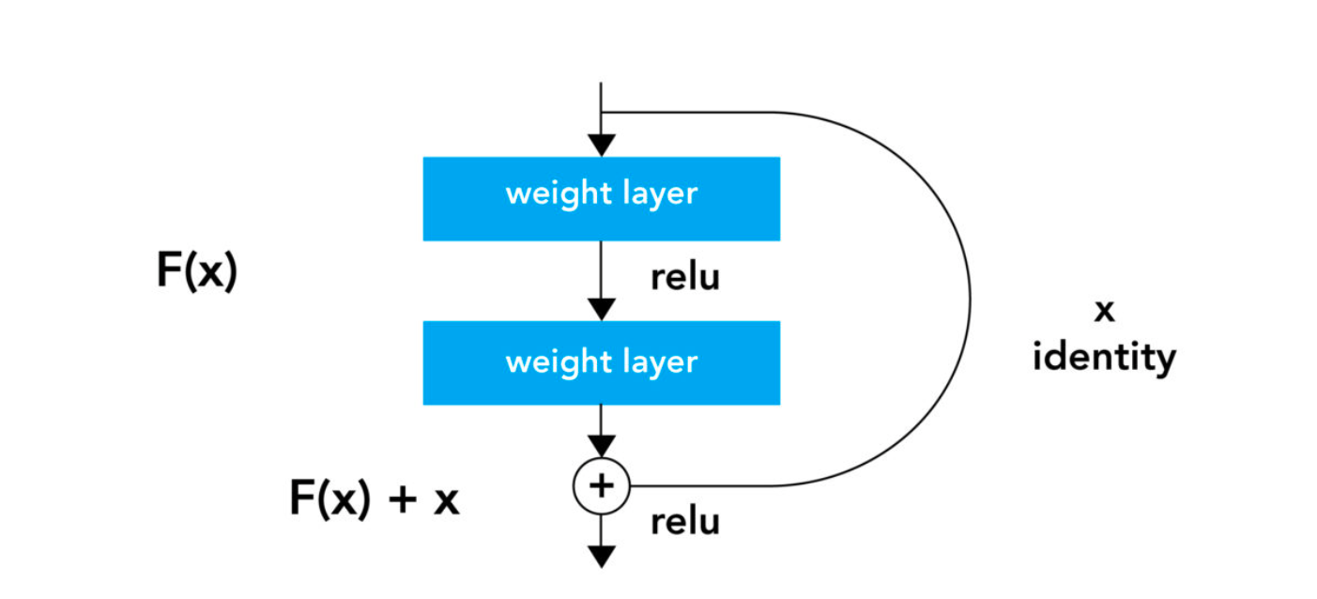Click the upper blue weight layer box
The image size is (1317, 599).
pyautogui.click(x=601, y=198)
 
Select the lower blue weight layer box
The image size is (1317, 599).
pyautogui.click(x=601, y=362)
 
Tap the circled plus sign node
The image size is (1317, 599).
pyautogui.click(x=601, y=485)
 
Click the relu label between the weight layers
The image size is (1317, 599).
pyautogui.click(x=685, y=278)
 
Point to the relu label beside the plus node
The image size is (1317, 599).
pyautogui.click(x=685, y=522)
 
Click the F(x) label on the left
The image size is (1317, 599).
pyautogui.click(x=197, y=272)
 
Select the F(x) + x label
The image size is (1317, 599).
pyautogui.click(x=374, y=499)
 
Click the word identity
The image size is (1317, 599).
pyautogui.click(x=1104, y=358)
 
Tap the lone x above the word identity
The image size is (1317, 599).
pyautogui.click(x=1105, y=312)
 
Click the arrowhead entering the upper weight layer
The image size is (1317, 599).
pyautogui.click(x=601, y=146)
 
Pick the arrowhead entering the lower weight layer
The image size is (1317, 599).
pyautogui.click(x=601, y=309)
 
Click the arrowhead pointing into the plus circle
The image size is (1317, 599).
pyautogui.click(x=601, y=446)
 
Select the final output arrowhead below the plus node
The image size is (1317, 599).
pyautogui.click(x=601, y=556)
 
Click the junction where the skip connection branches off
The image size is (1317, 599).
pyautogui.click(x=601, y=113)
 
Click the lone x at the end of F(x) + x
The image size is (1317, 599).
pyautogui.click(x=446, y=501)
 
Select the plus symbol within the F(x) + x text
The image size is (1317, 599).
pyautogui.click(x=402, y=499)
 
